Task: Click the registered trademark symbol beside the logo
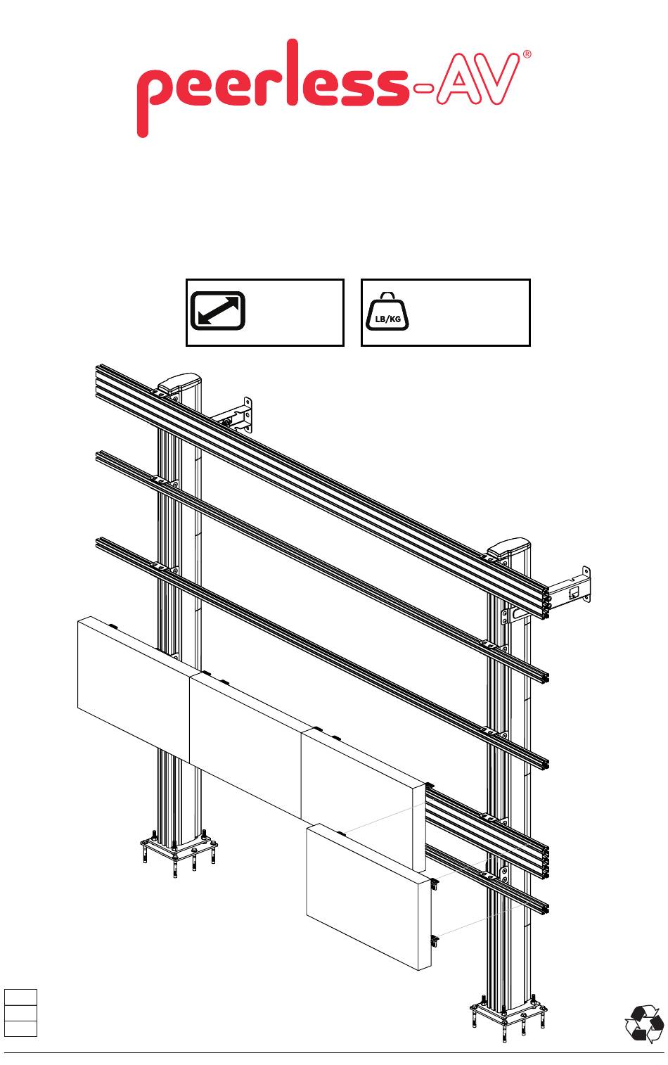(x=527, y=54)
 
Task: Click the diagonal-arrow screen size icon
(x=217, y=311)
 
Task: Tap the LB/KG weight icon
(x=387, y=312)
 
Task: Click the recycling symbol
(x=644, y=1023)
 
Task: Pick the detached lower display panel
(x=369, y=895)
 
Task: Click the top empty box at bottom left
(x=20, y=997)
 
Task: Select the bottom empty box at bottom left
(x=20, y=1028)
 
